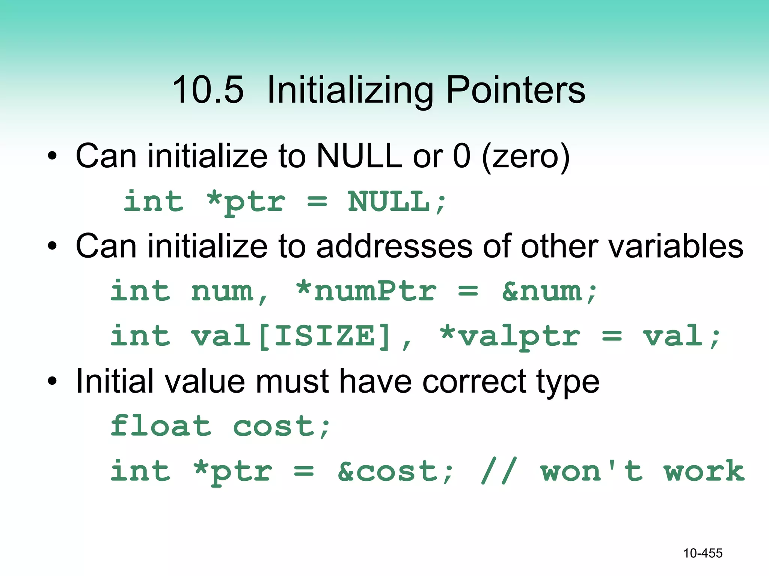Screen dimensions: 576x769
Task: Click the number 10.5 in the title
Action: point(208,90)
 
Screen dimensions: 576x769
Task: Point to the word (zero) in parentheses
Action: point(526,157)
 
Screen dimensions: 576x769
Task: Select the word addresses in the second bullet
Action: point(395,246)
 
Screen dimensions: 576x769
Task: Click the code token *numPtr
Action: point(366,291)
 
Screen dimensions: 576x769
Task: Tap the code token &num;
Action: point(549,292)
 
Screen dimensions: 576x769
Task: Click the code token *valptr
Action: point(510,336)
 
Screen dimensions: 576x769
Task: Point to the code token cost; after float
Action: point(282,427)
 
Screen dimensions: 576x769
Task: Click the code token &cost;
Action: point(395,471)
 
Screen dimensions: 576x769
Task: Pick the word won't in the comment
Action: point(591,471)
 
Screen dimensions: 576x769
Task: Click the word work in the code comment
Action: point(704,471)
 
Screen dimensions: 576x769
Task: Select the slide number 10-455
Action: point(703,553)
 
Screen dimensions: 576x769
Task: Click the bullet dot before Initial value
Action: point(52,382)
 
